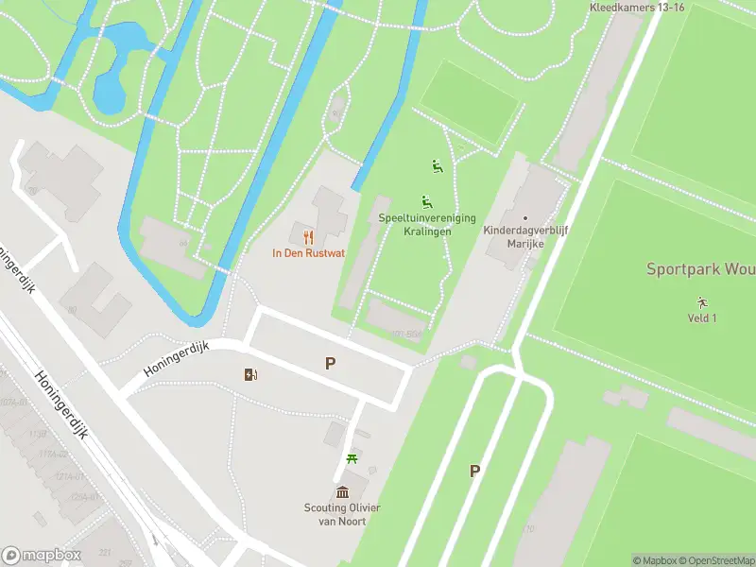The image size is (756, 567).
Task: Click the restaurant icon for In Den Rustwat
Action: coord(308,237)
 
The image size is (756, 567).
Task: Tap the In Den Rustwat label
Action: coord(308,253)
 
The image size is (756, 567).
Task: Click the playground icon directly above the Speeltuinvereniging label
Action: coord(426,201)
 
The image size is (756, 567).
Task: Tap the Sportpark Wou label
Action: coord(699,269)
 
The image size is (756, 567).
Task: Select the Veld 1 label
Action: coord(701,318)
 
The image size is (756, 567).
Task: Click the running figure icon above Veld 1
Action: coord(701,302)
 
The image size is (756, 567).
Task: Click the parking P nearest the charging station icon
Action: coord(330,363)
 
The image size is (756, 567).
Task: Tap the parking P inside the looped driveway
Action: coord(474,471)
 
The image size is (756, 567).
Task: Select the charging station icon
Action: coord(250,375)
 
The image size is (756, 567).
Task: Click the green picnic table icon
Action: coord(352,459)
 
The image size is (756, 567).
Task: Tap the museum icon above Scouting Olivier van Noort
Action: coord(343,491)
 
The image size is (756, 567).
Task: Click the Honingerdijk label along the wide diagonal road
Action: coord(61,404)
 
